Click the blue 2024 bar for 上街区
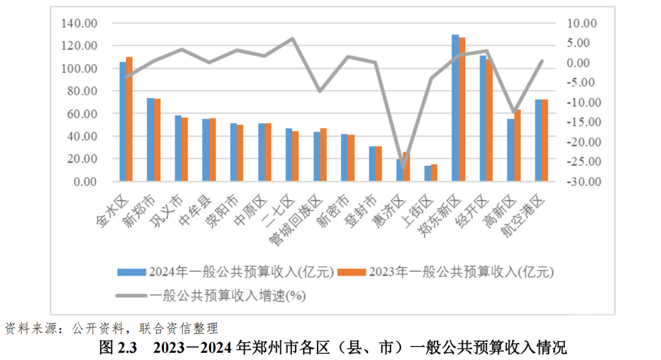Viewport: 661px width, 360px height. pyautogui.click(x=427, y=173)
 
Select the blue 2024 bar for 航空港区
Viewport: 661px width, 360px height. pyautogui.click(x=538, y=140)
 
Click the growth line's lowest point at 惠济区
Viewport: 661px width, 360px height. pyautogui.click(x=403, y=167)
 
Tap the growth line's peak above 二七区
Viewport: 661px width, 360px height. pyautogui.click(x=293, y=39)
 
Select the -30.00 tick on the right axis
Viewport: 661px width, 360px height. pyautogui.click(x=584, y=182)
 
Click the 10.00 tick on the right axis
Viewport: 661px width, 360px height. pyautogui.click(x=584, y=23)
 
